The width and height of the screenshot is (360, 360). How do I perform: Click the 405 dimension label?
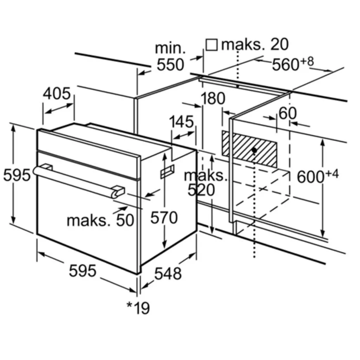point(57,94)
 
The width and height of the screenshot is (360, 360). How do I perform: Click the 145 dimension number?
point(181,122)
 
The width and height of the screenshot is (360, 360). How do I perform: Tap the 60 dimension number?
point(287,113)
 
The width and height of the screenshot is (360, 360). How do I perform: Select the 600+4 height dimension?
point(317,176)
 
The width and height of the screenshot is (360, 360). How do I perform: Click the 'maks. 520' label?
point(203,183)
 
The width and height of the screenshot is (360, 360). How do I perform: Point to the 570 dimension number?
point(164,218)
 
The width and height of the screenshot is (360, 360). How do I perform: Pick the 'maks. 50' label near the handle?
point(101,220)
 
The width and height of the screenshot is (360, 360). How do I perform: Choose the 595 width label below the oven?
point(82,271)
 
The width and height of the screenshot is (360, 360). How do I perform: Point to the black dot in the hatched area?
point(254,150)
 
